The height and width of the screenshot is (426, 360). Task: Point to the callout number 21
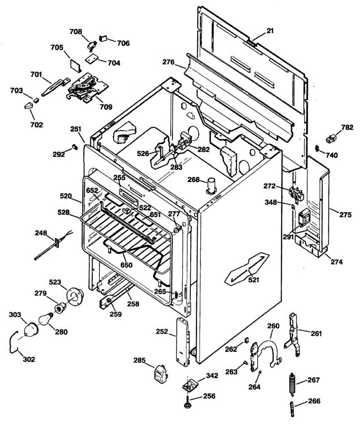270,31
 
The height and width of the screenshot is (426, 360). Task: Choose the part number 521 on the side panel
253,279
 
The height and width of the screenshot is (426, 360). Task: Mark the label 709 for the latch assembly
106,106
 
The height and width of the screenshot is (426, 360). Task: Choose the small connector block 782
331,138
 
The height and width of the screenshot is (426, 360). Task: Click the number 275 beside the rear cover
345,215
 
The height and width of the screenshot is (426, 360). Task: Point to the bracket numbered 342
189,384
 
